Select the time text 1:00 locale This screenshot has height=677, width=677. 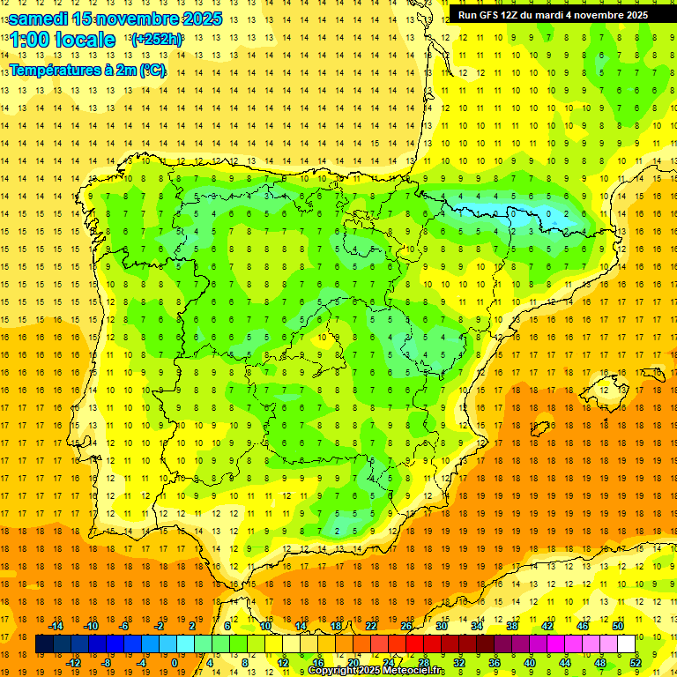(x=62, y=41)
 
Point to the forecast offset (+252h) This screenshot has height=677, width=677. (x=157, y=40)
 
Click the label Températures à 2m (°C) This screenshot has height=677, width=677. (x=87, y=71)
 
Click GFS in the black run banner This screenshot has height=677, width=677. (x=494, y=15)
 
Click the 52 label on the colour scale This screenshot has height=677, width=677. (x=636, y=663)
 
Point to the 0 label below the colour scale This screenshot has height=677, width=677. (x=175, y=663)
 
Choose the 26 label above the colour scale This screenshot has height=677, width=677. (x=406, y=626)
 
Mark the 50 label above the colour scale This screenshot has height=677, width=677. (x=617, y=626)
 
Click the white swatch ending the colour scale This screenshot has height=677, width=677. (x=626, y=644)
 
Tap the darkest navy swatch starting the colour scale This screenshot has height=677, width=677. (x=44, y=644)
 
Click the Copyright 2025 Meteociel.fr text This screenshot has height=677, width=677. (x=376, y=671)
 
